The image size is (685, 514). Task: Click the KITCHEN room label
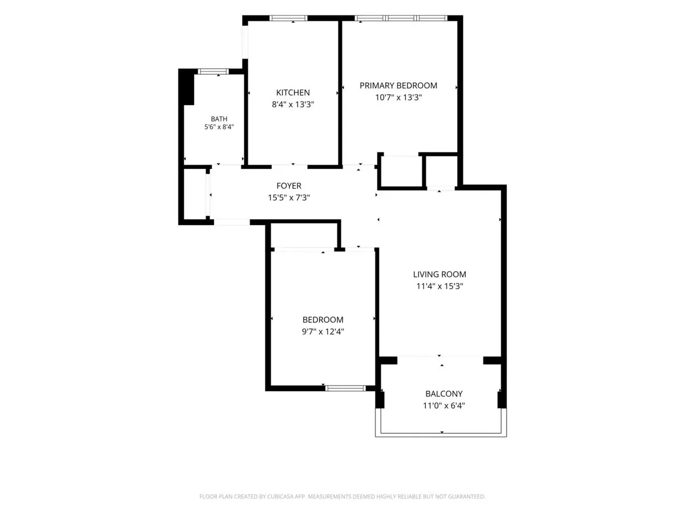293,93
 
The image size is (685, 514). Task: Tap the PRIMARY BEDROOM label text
398,86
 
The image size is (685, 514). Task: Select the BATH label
219,119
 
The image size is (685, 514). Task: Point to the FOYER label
289,186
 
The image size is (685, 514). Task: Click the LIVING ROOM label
440,274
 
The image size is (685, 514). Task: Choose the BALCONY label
444,393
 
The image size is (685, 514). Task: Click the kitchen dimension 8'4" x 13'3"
293,105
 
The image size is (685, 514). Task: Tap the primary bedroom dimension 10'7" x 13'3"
398,97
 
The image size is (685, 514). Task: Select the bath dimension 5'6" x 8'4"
219,127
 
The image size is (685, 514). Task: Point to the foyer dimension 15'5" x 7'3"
289,198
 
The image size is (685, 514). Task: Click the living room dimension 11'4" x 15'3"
440,286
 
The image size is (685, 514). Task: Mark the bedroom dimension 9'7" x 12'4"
323,331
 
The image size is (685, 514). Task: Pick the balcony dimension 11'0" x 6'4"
444,405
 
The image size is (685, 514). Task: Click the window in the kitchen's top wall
288,18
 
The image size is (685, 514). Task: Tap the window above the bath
213,71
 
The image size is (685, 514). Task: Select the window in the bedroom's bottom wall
345,388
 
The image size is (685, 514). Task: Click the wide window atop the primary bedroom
401,18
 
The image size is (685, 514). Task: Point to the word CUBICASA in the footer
280,496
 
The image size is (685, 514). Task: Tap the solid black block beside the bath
186,87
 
